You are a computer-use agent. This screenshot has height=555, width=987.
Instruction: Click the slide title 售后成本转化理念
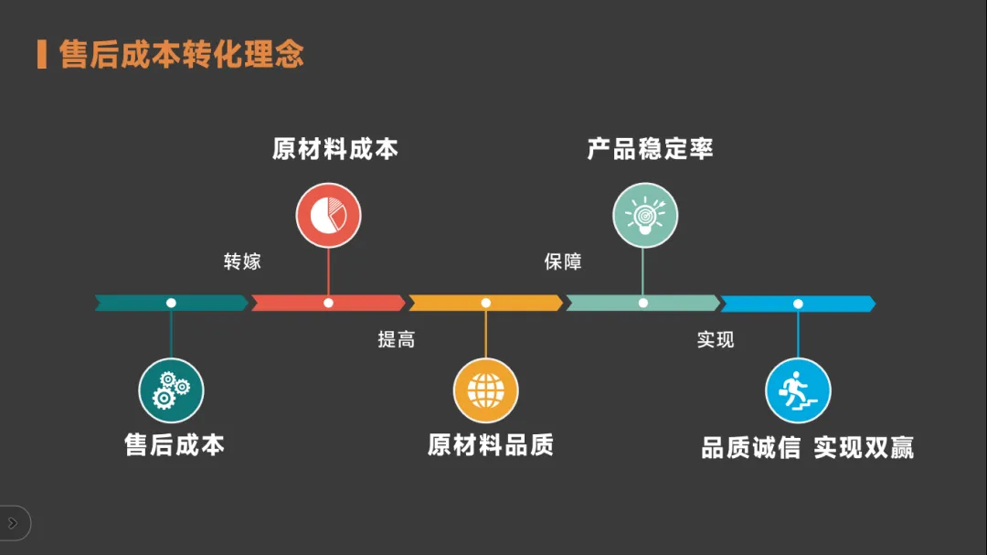(x=181, y=54)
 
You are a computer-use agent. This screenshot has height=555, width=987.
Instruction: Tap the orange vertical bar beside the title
(x=42, y=54)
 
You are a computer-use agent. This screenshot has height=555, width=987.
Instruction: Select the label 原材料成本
(x=334, y=149)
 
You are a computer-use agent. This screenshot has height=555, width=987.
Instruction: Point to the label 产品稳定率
(x=650, y=149)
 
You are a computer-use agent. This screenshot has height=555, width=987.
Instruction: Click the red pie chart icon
(x=328, y=216)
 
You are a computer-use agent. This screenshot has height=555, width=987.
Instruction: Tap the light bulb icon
(x=644, y=216)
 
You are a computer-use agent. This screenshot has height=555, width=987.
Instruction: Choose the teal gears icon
(x=171, y=390)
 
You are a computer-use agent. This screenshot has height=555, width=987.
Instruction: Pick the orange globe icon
(x=486, y=390)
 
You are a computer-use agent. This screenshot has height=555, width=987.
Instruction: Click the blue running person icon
(x=798, y=390)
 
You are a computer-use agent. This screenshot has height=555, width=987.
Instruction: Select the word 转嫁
(x=242, y=261)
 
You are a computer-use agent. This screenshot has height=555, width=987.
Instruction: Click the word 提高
(x=397, y=339)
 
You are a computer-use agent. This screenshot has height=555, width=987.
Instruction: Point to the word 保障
(x=563, y=261)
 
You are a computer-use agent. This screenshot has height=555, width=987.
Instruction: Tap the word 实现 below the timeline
(x=716, y=339)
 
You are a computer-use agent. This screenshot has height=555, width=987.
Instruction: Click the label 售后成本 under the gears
(x=175, y=445)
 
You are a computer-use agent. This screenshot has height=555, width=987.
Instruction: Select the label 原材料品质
(x=491, y=445)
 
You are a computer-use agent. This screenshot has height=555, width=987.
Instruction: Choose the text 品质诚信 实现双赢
(x=807, y=448)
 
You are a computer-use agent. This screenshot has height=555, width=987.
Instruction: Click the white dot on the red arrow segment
(x=328, y=303)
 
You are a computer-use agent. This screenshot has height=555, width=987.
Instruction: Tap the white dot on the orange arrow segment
(x=485, y=303)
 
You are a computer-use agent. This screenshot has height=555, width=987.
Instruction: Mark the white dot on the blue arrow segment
(x=798, y=303)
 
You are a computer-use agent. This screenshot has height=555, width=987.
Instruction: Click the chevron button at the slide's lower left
(x=13, y=524)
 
